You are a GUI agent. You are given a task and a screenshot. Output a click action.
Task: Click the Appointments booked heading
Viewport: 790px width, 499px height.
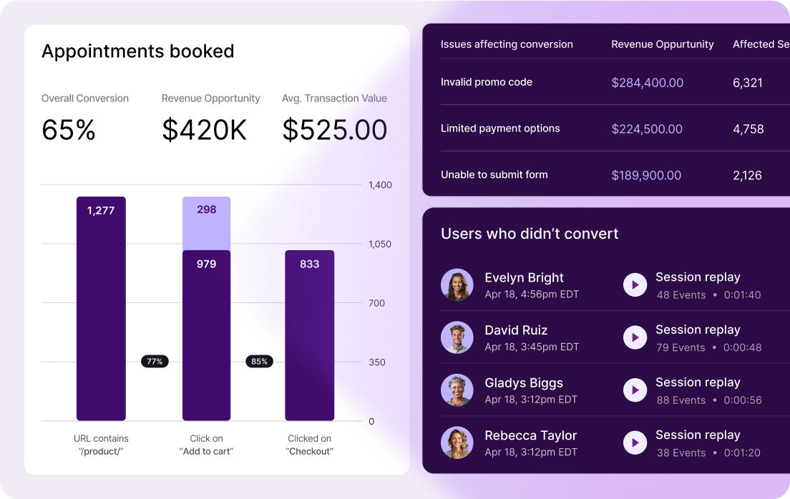pyautogui.click(x=137, y=51)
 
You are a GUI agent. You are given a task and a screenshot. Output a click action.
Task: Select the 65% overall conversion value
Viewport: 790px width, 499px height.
pyautogui.click(x=69, y=130)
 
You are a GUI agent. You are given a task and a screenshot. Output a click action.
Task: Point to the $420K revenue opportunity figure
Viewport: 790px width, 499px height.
pyautogui.click(x=205, y=130)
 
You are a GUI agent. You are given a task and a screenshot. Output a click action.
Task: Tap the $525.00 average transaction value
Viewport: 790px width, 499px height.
pyautogui.click(x=335, y=130)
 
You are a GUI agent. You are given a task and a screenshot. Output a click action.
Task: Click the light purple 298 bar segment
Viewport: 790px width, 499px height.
pyautogui.click(x=206, y=223)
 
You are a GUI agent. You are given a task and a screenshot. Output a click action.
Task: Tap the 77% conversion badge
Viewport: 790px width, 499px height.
pyautogui.click(x=155, y=362)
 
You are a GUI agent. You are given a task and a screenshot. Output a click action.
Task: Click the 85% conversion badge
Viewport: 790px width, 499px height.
pyautogui.click(x=259, y=362)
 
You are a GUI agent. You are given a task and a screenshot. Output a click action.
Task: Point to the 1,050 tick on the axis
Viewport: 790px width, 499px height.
pyautogui.click(x=380, y=244)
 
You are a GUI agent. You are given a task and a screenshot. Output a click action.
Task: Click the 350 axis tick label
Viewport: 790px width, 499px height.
pyautogui.click(x=377, y=362)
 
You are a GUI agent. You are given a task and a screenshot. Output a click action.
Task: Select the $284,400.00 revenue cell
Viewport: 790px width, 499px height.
pyautogui.click(x=647, y=83)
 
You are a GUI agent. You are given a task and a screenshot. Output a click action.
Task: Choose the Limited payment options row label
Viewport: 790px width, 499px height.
pyautogui.click(x=500, y=129)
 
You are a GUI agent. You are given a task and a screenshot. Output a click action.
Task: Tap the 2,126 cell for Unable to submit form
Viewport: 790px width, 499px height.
pyautogui.click(x=747, y=175)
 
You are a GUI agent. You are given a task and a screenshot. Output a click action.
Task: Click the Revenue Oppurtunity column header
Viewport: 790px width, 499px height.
pyautogui.click(x=662, y=44)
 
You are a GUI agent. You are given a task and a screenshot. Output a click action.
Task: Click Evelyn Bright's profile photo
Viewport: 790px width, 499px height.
pyautogui.click(x=457, y=285)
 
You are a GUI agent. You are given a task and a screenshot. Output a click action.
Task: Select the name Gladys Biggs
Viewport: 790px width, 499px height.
pyautogui.click(x=524, y=382)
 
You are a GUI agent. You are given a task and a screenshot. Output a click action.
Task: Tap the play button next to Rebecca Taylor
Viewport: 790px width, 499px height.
pyautogui.click(x=635, y=443)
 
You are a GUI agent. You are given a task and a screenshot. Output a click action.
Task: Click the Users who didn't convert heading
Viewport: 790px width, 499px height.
pyautogui.click(x=530, y=234)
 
